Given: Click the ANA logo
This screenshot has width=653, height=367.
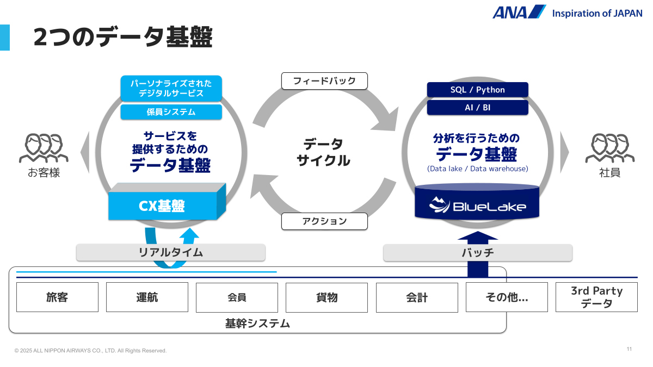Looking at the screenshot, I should tap(519, 12).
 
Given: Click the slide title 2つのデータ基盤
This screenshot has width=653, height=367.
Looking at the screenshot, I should tap(122, 37).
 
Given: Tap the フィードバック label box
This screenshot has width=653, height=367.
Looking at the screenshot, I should tap(324, 81).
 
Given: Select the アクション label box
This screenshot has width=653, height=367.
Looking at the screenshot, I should tap(324, 221).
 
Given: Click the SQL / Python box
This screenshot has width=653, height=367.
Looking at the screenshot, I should tap(477, 90).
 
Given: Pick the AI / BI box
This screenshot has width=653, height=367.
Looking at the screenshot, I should tap(477, 108).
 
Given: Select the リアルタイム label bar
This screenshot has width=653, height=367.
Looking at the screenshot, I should tap(170, 252).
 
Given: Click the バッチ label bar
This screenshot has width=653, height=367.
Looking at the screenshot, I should tap(477, 252).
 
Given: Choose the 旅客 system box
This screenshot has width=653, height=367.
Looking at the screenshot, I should tap(57, 297).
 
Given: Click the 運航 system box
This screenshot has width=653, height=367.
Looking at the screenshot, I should tap(147, 297).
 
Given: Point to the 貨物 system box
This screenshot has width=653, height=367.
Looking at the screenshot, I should tap(326, 297).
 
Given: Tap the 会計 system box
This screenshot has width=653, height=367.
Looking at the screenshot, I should tap(416, 297).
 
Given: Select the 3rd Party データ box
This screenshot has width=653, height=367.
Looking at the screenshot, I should tap(596, 297).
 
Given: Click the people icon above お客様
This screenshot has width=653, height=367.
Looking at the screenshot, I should tap(44, 148).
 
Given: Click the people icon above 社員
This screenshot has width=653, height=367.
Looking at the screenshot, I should tap(609, 148).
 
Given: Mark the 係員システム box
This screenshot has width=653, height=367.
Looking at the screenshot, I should tap(171, 112).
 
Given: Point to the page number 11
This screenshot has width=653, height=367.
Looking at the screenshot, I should tap(629, 349).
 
